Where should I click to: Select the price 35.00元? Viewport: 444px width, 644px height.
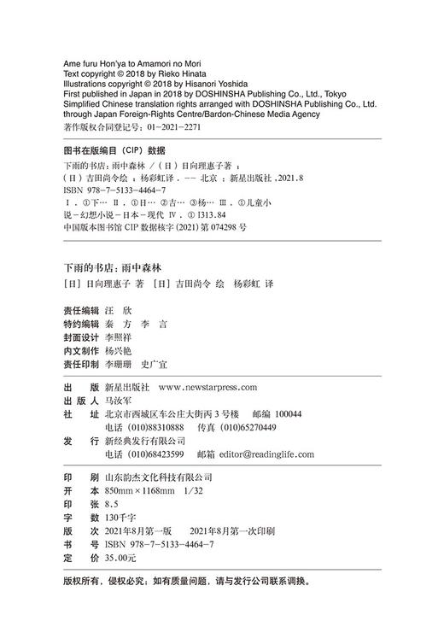[120, 557]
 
